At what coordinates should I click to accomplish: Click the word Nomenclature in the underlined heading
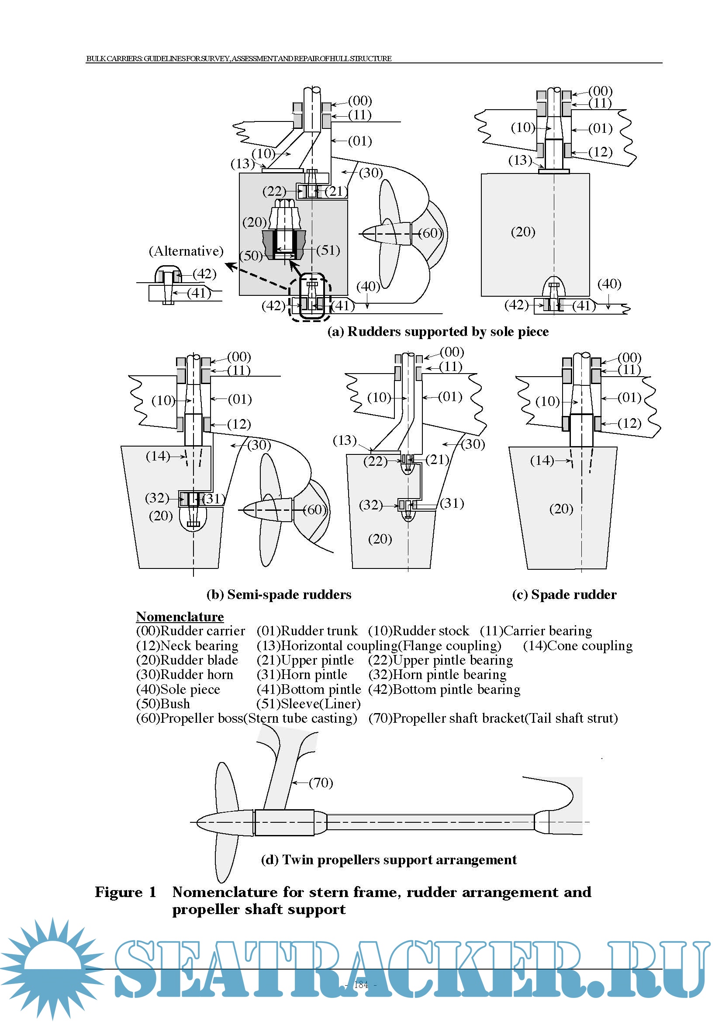(180, 617)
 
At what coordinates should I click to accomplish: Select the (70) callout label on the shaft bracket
(321, 783)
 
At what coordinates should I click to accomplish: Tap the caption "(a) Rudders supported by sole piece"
(438, 332)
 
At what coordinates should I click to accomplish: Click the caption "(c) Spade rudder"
(564, 595)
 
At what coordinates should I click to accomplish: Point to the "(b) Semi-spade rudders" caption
(279, 595)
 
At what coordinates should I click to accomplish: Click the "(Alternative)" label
(186, 251)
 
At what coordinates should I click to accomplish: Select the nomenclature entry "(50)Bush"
(163, 704)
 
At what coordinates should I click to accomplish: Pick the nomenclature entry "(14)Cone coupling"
(577, 645)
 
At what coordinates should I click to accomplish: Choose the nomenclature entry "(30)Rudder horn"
(185, 674)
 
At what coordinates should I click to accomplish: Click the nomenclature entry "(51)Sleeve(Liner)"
(308, 704)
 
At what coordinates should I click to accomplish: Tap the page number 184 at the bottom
(361, 984)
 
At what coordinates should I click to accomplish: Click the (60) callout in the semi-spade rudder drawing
(314, 509)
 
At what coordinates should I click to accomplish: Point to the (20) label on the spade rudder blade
(561, 509)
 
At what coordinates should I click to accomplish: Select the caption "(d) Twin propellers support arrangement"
(389, 860)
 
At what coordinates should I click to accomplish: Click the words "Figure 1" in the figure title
(125, 892)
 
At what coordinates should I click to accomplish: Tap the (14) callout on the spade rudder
(542, 460)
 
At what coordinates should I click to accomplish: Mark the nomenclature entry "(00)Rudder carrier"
(190, 631)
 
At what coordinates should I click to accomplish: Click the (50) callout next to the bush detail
(251, 256)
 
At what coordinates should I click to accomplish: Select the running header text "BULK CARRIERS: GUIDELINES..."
(239, 58)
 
